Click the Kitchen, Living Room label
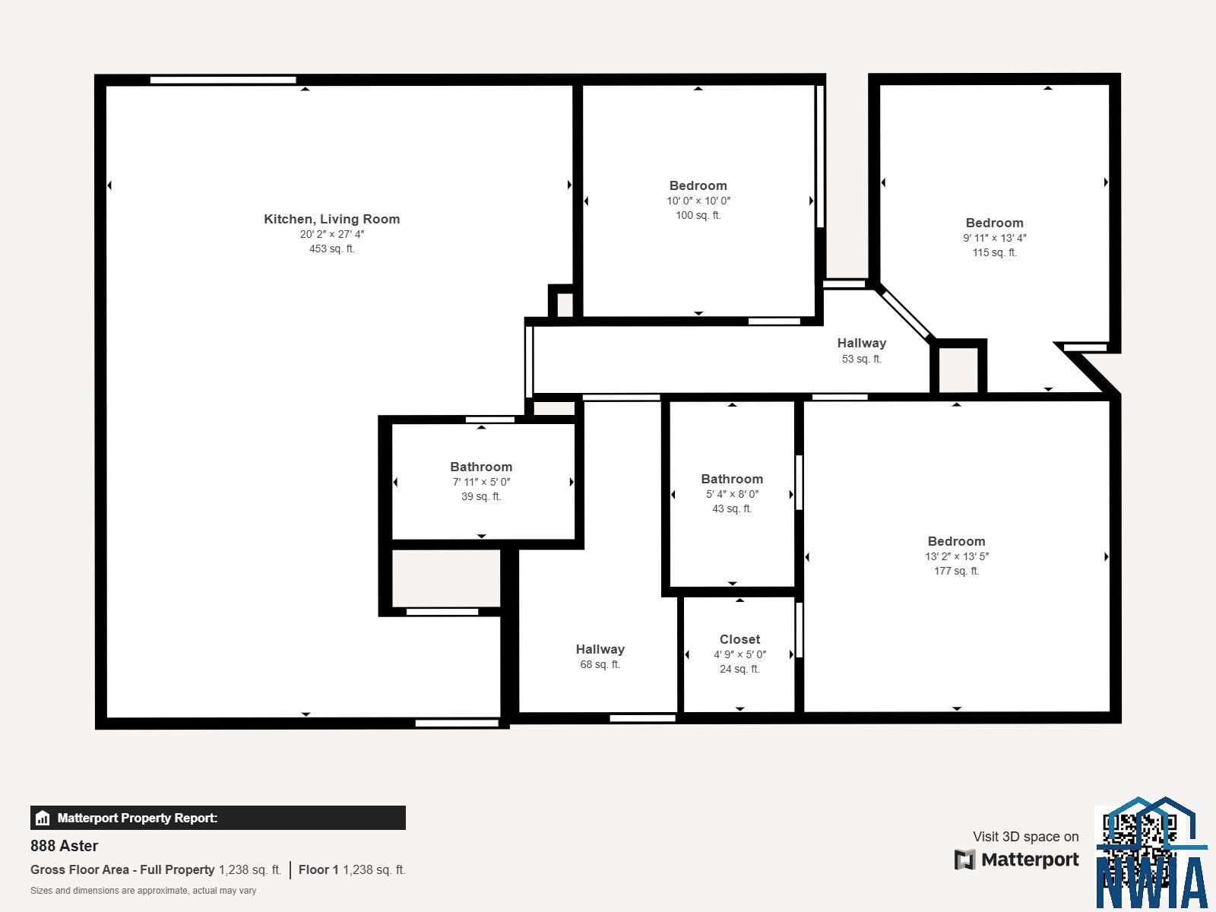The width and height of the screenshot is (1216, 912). pos(331,220)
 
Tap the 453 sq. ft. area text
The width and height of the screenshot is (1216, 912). pos(331,249)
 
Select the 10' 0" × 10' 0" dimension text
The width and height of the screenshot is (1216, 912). pos(698,201)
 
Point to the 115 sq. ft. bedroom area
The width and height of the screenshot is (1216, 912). pos(994,252)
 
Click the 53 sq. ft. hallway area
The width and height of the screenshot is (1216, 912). pos(861,359)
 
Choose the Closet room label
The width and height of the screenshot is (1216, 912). pos(739,640)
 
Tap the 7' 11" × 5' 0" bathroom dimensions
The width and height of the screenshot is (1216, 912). pos(481,483)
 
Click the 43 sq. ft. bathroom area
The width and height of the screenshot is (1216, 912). pos(732,509)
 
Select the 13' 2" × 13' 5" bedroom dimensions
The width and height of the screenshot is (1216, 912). pos(956,556)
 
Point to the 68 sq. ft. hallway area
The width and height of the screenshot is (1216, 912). pos(600,664)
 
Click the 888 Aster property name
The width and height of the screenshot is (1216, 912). pos(65,846)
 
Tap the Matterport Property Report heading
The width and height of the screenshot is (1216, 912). pos(137,818)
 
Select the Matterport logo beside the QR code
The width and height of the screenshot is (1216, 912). pos(1016,860)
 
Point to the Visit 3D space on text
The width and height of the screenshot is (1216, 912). pos(1025,837)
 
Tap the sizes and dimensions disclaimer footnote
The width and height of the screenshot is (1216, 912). pos(143,891)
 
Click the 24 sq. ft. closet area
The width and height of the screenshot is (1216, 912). pos(739,670)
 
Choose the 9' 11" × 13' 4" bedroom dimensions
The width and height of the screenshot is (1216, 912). pos(994,238)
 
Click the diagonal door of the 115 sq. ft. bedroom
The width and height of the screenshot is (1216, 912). pos(904,314)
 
